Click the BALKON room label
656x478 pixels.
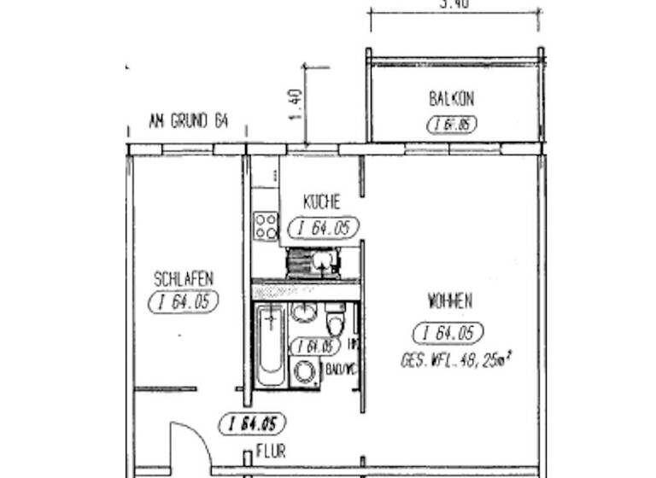(451, 99)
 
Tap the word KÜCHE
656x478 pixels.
(321, 202)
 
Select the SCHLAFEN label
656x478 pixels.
(183, 278)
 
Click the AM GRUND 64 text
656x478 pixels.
(188, 121)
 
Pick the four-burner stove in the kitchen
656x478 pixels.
(266, 226)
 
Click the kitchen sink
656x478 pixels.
(322, 260)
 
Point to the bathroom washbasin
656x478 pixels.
(302, 312)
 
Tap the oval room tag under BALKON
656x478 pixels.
(451, 125)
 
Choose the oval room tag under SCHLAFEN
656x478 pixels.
(183, 301)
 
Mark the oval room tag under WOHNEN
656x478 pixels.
(448, 333)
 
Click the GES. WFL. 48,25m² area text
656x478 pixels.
(455, 360)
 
